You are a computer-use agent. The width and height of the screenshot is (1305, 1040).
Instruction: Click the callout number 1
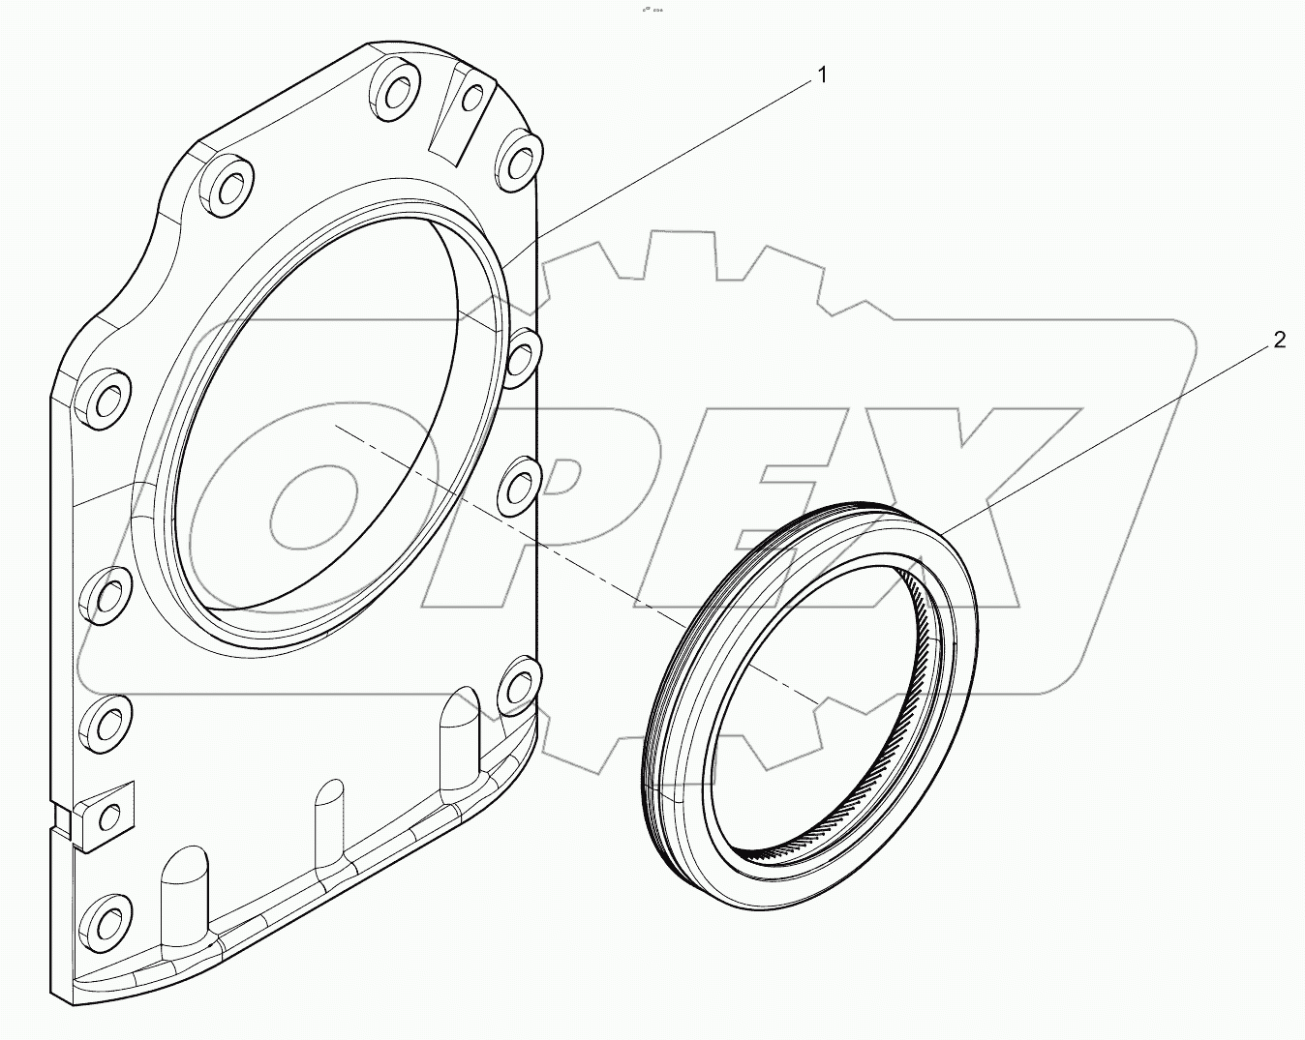822,74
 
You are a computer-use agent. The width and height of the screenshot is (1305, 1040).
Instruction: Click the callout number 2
1279,340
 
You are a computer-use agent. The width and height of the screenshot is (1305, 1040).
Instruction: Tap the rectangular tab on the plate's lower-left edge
104,815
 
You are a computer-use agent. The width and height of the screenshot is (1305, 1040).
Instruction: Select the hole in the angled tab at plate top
472,98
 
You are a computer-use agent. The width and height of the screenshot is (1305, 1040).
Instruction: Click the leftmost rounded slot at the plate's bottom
184,880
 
